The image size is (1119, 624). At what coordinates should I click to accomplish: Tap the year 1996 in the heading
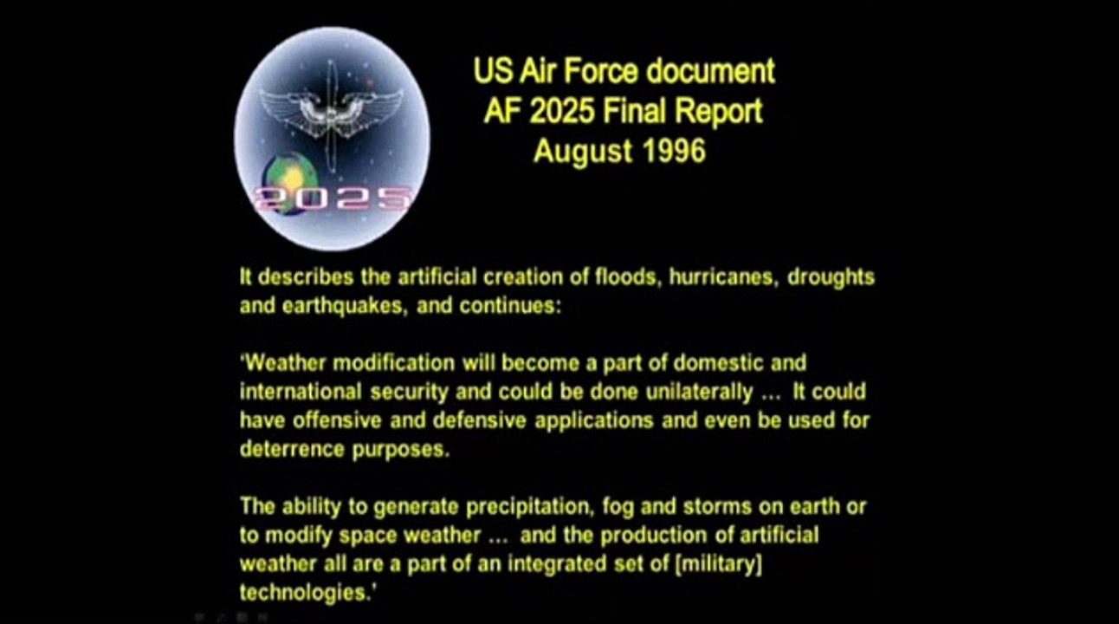(x=674, y=153)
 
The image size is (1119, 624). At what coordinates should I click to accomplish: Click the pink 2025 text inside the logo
(x=331, y=198)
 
